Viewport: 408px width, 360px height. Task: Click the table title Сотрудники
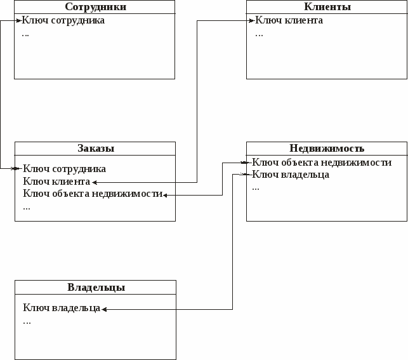95,7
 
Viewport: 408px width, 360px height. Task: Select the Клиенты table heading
327,7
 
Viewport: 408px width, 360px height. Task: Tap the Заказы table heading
96,149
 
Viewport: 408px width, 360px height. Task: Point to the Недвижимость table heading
327,148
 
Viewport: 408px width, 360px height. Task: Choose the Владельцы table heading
96,288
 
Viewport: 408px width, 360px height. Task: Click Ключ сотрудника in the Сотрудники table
63,20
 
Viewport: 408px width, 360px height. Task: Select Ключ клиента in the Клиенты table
289,20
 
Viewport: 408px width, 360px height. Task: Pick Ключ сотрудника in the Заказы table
64,169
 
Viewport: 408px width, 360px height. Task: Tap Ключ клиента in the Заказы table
56,182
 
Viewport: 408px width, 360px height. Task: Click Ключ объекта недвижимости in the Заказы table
93,194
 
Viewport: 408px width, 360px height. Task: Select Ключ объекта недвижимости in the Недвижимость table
322,163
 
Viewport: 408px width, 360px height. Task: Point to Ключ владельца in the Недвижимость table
291,175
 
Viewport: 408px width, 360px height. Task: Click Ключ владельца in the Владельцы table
62,308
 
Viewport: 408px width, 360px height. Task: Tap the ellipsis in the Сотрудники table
25,35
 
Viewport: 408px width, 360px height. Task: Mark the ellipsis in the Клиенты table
259,35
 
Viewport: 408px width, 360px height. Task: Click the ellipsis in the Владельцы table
27,323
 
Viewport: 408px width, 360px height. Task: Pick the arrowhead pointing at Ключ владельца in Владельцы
104,309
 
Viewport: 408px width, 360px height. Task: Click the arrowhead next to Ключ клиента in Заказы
95,182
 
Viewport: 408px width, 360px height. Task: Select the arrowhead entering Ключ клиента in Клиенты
252,20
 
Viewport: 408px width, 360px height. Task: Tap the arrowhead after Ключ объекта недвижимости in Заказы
165,195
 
